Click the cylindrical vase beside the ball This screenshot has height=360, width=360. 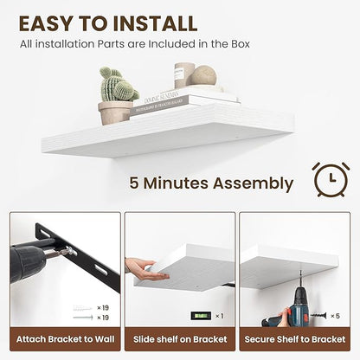(184, 74)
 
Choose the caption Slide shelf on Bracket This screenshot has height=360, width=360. (179, 339)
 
